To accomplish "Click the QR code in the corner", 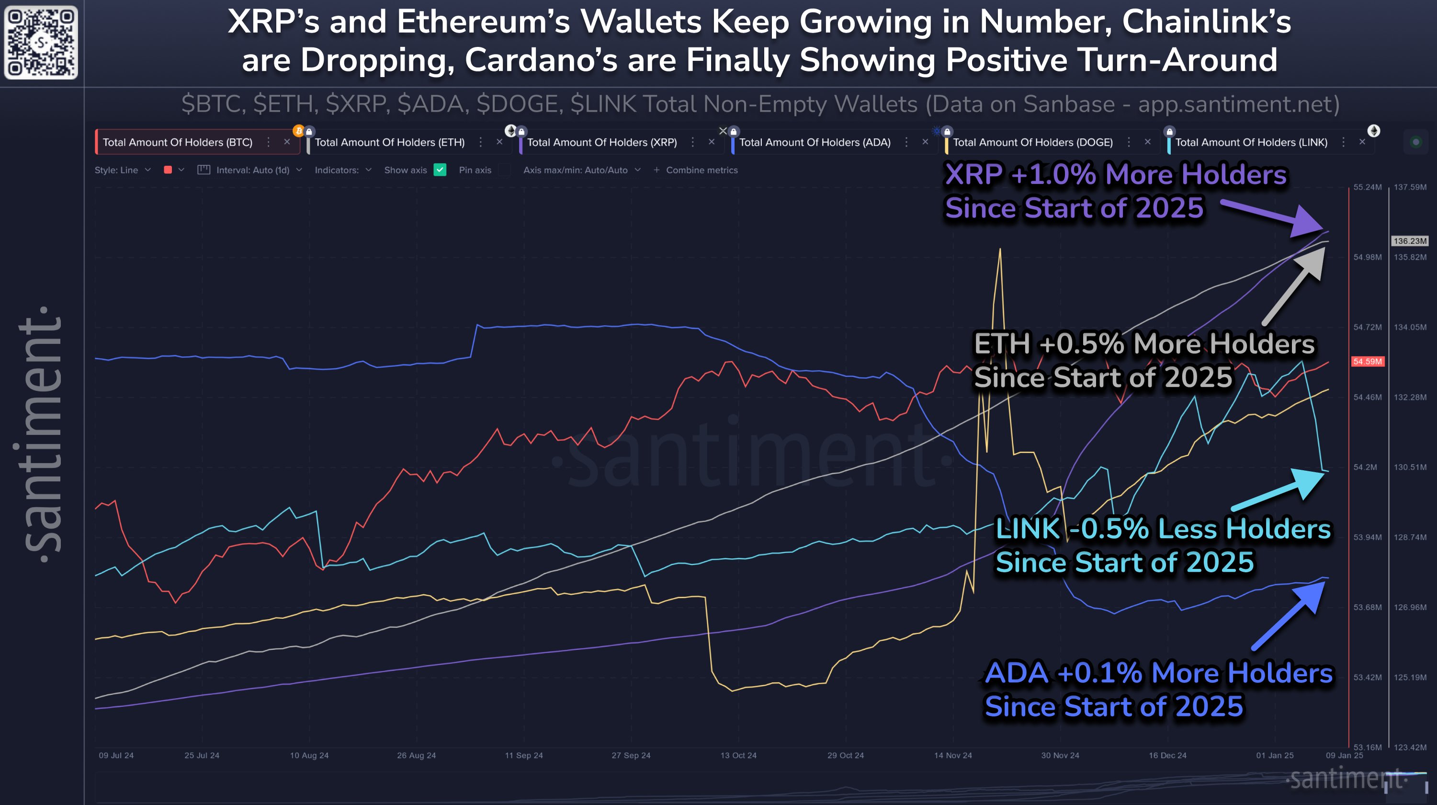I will [x=41, y=43].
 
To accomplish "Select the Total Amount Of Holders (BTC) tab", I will [x=177, y=142].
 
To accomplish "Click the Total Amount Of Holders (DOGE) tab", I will [x=1032, y=142].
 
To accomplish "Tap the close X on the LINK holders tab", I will [x=1362, y=142].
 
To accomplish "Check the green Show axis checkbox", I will [x=440, y=170].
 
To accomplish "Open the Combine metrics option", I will [x=701, y=170].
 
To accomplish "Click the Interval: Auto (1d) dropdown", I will [x=253, y=170].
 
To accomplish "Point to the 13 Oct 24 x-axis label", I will [x=738, y=755].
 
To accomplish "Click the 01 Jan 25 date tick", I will [x=1274, y=755].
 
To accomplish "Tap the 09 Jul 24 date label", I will [x=116, y=755].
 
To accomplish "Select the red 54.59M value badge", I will [x=1367, y=362].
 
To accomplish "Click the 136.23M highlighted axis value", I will [x=1409, y=241].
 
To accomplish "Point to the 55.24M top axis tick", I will [x=1367, y=187].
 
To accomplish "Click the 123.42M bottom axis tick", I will [x=1410, y=747].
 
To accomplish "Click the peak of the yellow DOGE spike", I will [x=1000, y=249].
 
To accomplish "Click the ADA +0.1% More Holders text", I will [x=1158, y=673].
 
